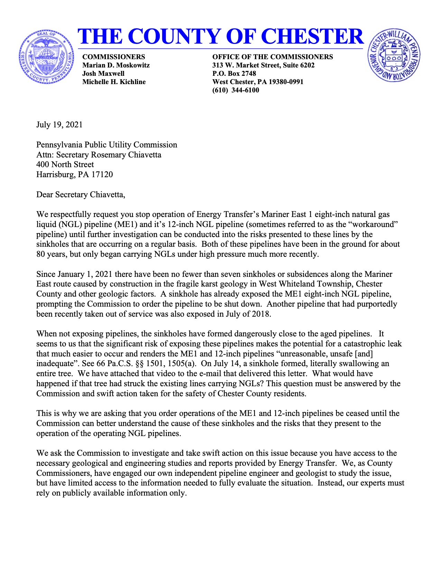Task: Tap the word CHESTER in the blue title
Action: (x=311, y=36)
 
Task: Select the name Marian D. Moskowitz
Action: (x=116, y=65)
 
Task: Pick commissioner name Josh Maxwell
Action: (x=103, y=73)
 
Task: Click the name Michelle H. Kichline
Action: (x=114, y=82)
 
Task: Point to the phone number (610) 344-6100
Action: (x=236, y=90)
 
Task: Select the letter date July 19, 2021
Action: (x=59, y=125)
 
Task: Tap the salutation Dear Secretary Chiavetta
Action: (x=81, y=194)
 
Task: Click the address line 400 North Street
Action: (x=65, y=164)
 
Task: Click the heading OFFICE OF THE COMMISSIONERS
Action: (x=273, y=57)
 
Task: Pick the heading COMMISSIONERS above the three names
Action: (x=113, y=57)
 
